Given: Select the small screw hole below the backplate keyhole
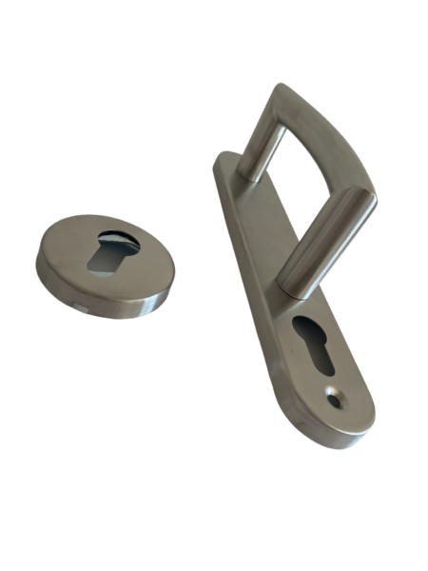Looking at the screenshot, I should [335, 401].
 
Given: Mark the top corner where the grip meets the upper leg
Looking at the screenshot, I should [283, 95].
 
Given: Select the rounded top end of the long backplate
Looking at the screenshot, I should [226, 162].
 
